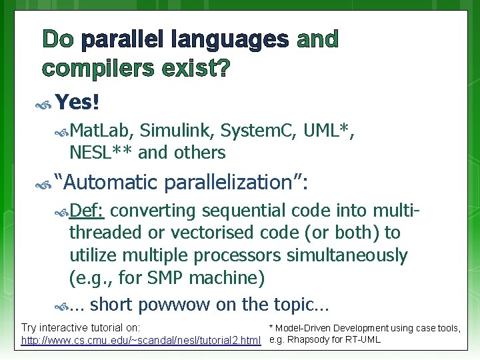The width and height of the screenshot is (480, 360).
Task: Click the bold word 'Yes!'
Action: click(77, 102)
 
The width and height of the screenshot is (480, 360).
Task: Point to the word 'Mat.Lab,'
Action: click(101, 131)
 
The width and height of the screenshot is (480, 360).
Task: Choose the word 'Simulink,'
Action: click(177, 131)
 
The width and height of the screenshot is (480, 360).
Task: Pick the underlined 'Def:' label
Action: click(87, 211)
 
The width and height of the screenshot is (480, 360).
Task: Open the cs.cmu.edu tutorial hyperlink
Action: click(141, 341)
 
